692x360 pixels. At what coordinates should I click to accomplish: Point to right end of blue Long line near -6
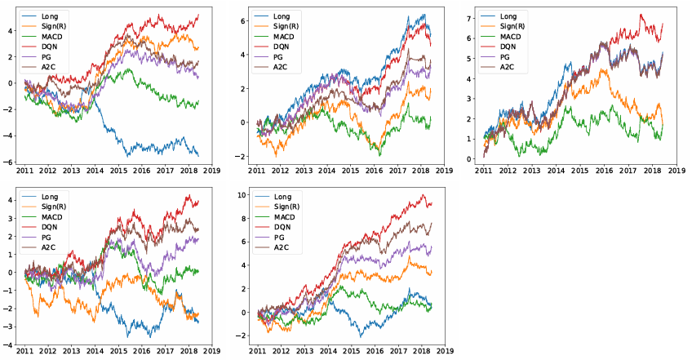198,155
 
